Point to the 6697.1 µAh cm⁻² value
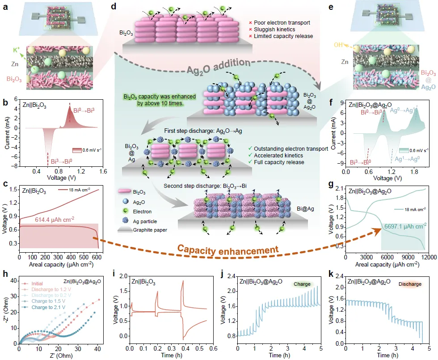pos(404,227)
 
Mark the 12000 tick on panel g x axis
pos(428,258)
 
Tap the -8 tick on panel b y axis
pos(16,166)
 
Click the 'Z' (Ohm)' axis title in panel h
pos(59,355)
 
